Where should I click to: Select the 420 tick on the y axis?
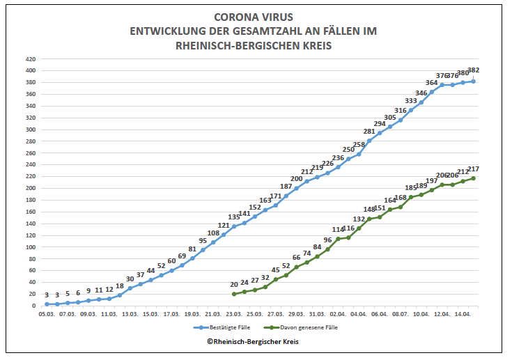coord(31,59)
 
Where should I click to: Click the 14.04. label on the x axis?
coord(463,314)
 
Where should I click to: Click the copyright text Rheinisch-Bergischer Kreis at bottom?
coord(256,342)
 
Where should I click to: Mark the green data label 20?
coord(234,284)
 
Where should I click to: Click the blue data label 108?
coord(213,233)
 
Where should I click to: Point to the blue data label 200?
coord(297,179)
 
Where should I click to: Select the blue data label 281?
coord(369,131)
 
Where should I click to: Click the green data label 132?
coord(359,219)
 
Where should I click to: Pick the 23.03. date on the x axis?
coord(233,314)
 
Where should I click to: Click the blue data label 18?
coord(120,286)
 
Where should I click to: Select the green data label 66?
coord(296,258)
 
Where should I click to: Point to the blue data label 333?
coord(411,100)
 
